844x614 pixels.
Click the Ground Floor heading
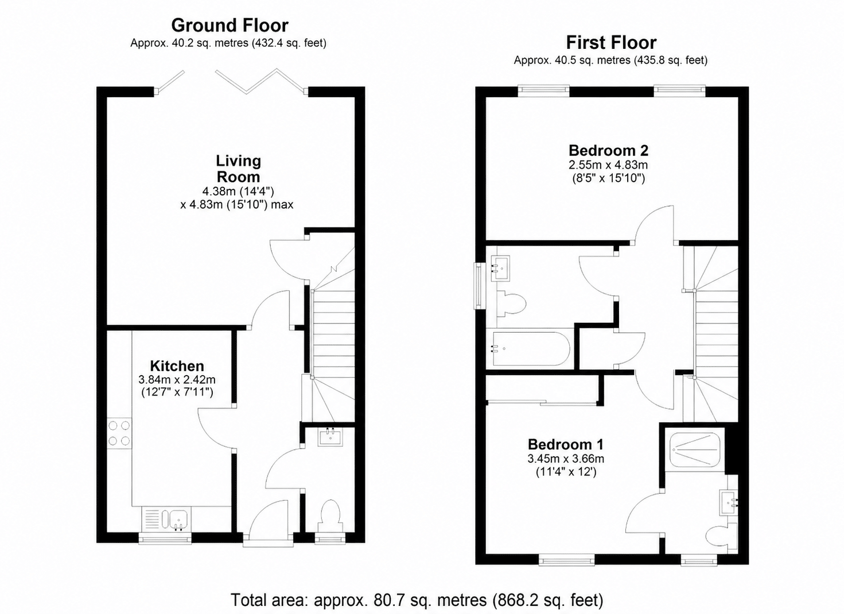coord(230,26)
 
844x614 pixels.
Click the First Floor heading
coord(611,43)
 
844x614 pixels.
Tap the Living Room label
coord(238,169)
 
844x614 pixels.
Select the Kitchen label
coord(177,366)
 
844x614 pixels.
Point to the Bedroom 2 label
coord(609,150)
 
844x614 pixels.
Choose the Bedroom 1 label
coord(566,445)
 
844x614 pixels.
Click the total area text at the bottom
coord(417,600)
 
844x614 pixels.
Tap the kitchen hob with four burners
coord(119,433)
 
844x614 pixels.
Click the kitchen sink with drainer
coord(166,519)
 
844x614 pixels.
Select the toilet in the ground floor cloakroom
coord(330,518)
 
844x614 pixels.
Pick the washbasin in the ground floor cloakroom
coord(330,438)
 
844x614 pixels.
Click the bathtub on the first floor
coord(530,349)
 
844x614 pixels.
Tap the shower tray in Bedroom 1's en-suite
coord(695,450)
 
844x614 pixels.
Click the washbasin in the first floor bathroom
coord(501,268)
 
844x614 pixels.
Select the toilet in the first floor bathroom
coord(511,304)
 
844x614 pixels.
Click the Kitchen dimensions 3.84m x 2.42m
coord(177,379)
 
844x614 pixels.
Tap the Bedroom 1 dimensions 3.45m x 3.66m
coord(566,458)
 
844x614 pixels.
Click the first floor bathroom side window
coord(479,286)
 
